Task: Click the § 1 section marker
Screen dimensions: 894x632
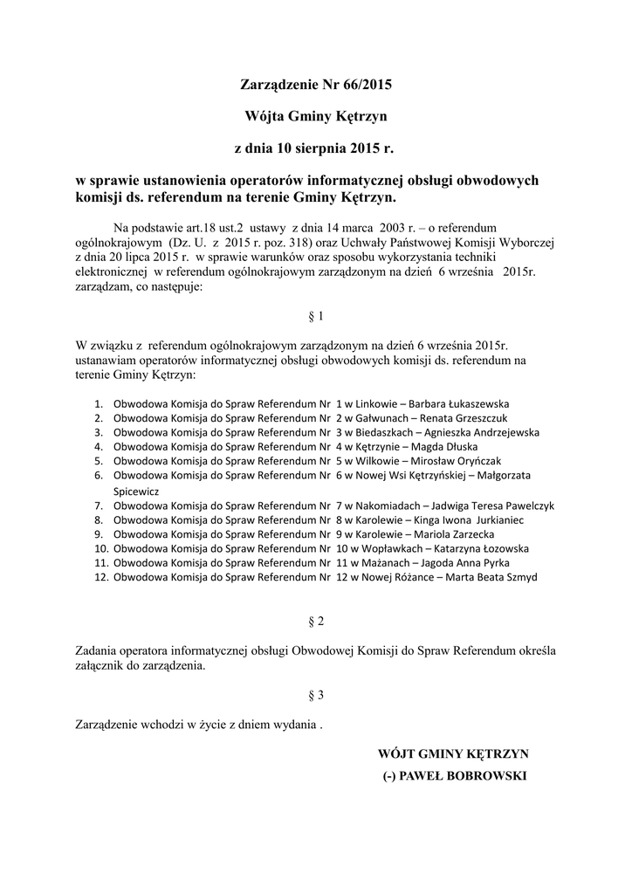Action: point(316,316)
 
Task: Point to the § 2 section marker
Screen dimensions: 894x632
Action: point(316,621)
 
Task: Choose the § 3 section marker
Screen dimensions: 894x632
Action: point(316,695)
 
